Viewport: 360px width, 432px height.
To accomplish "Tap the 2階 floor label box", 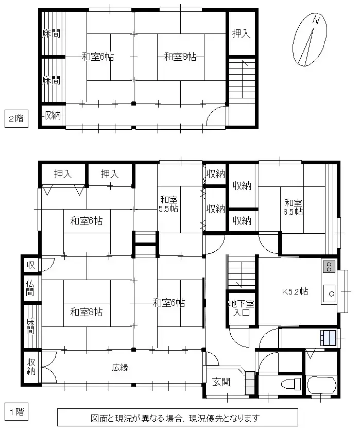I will point(14,118).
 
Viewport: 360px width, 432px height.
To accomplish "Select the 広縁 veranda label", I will point(119,368).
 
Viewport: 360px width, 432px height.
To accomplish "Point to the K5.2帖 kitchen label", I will point(295,291).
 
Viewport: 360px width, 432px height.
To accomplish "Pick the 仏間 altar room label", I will point(31,289).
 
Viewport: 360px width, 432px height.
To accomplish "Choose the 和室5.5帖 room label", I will point(169,204).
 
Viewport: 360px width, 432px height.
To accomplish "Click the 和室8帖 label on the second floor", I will point(180,57).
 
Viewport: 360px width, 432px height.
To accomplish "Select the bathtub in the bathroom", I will point(321,384).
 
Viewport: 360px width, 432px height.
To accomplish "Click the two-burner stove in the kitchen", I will point(328,266).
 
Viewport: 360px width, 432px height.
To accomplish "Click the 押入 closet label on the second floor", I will point(241,33).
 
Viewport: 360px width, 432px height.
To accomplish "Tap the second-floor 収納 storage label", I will point(52,115).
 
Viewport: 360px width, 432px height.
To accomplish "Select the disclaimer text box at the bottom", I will point(177,418).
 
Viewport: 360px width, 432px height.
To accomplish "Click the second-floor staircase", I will point(242,79).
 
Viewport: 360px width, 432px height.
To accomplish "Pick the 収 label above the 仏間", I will point(31,265).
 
